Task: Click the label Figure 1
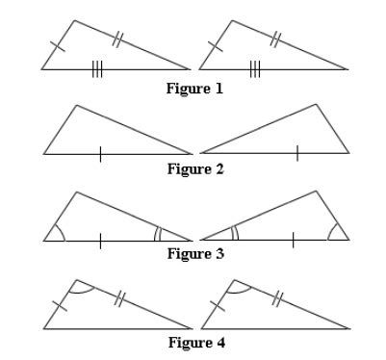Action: (195, 90)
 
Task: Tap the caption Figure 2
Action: (195, 169)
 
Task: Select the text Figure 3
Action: (195, 254)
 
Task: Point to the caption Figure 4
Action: (195, 342)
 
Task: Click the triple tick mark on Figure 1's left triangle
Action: (97, 69)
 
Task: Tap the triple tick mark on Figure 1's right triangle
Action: (255, 69)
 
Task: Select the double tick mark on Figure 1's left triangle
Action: (117, 39)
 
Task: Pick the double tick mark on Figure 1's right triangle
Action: (275, 39)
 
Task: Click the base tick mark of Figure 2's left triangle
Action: (99, 153)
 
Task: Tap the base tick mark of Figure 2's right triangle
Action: (297, 153)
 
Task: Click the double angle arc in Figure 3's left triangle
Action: (158, 234)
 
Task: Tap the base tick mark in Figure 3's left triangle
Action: (99, 240)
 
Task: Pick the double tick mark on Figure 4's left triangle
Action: (117, 298)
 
